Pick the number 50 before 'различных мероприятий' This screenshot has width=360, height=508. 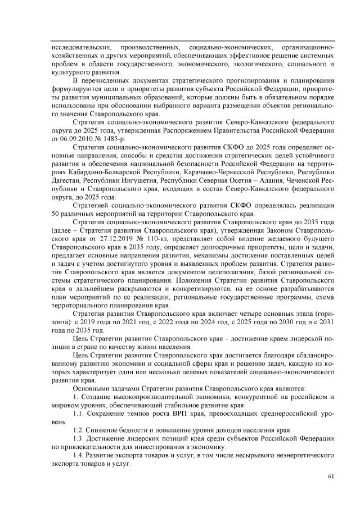point(55,215)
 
